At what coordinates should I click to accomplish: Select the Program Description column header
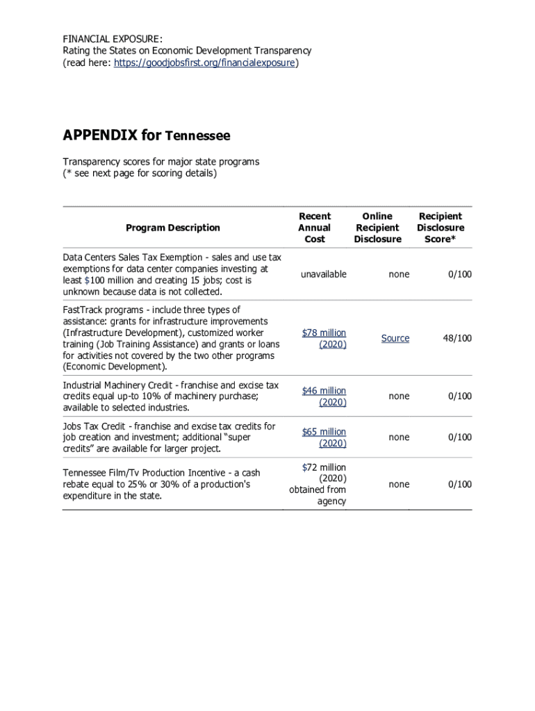tap(172, 228)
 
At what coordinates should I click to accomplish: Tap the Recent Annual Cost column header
tap(314, 228)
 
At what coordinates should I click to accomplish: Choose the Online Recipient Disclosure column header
tap(377, 228)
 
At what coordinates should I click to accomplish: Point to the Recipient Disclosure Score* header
tap(441, 228)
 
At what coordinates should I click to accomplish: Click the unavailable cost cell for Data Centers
tap(323, 274)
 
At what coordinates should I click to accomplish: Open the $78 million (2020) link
tap(324, 338)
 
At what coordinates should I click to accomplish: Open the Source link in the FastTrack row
tap(395, 338)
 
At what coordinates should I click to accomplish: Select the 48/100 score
tap(457, 338)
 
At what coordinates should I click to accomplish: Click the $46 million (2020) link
tap(324, 396)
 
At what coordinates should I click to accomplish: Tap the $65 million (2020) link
tap(324, 437)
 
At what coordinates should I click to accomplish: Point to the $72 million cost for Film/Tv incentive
tap(324, 467)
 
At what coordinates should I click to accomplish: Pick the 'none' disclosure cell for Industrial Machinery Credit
tap(399, 396)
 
